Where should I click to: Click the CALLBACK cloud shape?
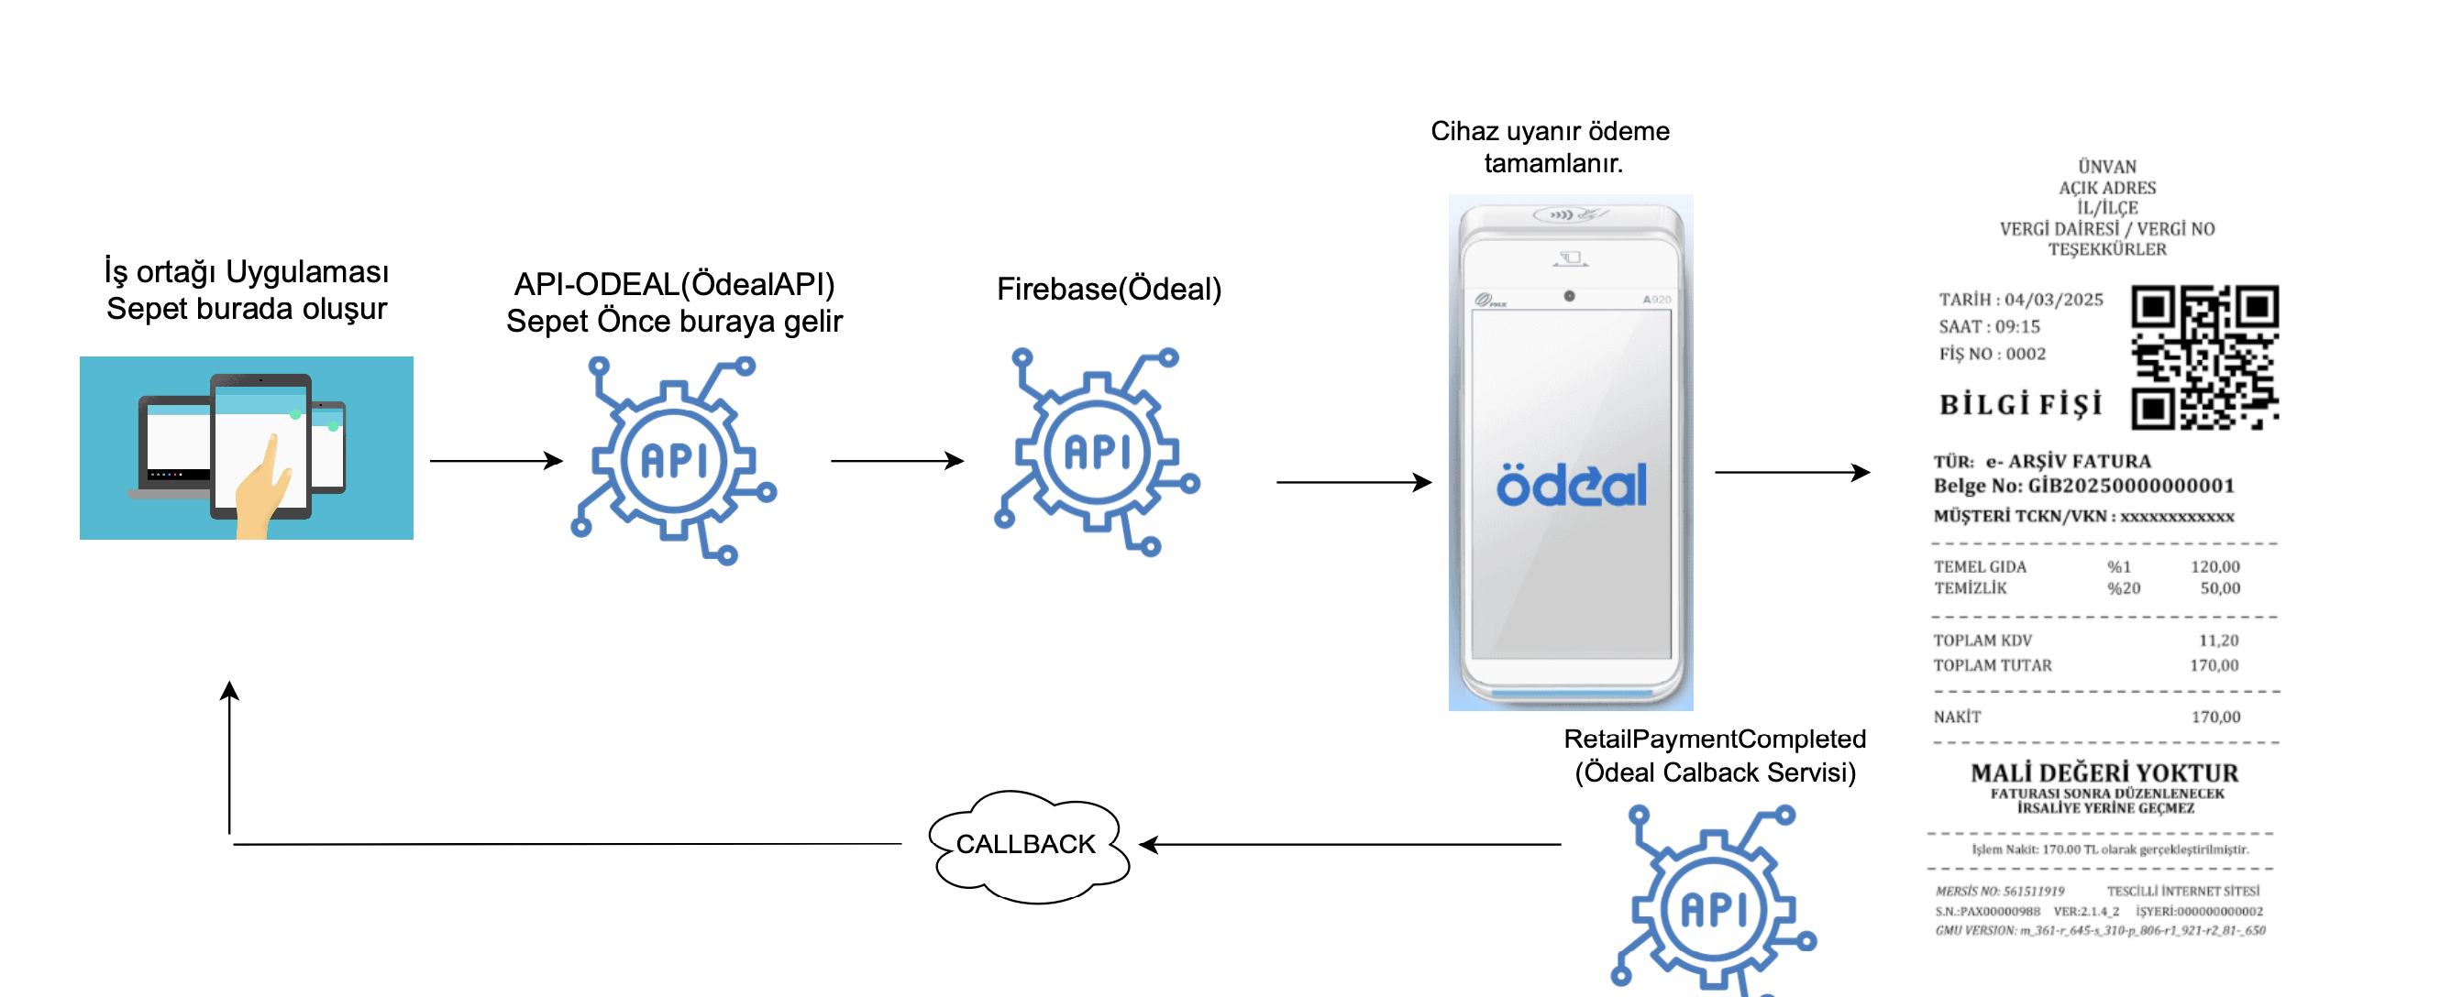(x=1028, y=845)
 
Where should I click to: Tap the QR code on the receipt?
(x=2203, y=356)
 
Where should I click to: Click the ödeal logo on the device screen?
(x=1571, y=485)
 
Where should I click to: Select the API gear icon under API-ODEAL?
(x=675, y=460)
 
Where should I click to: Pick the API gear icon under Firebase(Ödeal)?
(x=1098, y=452)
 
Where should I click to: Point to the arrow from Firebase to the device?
(x=1353, y=482)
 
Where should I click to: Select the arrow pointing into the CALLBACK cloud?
(x=1348, y=844)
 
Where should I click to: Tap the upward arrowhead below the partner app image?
(x=229, y=691)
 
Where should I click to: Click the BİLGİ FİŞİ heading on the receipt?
(x=2020, y=405)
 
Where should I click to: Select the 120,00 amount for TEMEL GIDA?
(x=2214, y=567)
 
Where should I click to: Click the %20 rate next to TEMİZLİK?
(x=2123, y=589)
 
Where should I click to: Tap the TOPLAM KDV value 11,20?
(x=2217, y=641)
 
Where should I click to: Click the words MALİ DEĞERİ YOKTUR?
(x=2104, y=772)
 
